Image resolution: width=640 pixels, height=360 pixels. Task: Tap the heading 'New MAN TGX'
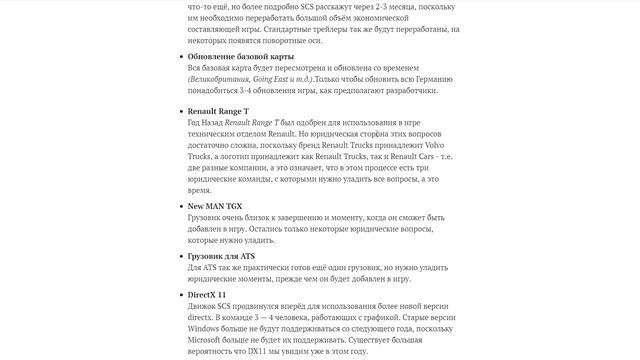point(215,205)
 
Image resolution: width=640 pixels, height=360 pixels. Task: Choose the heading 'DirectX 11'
point(207,295)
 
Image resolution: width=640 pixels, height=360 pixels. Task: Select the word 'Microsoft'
point(211,338)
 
